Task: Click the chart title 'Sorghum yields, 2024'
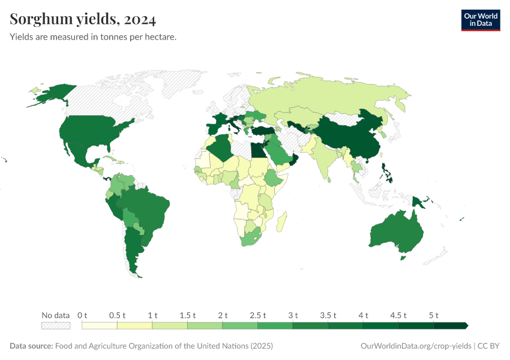(83, 19)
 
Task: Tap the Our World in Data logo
(480, 20)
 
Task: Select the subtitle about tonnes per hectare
(92, 37)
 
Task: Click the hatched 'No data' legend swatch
(55, 325)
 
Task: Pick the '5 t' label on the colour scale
(434, 315)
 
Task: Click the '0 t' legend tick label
(82, 315)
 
